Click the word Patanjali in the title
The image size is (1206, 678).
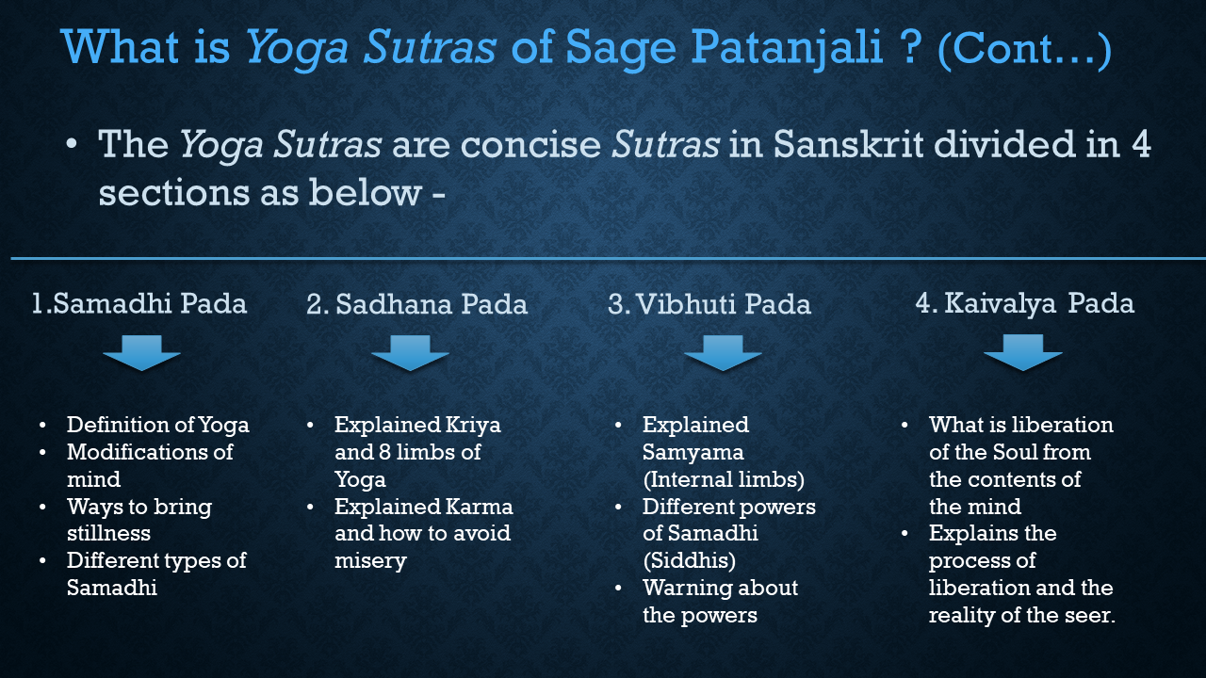tap(787, 48)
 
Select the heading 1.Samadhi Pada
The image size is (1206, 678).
tap(139, 303)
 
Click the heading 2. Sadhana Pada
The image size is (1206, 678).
tap(416, 304)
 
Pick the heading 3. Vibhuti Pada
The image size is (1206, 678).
tap(709, 304)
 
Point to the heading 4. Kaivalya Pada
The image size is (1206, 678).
tap(1025, 303)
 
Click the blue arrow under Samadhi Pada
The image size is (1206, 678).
tap(141, 353)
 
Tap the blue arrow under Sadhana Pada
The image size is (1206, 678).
tap(410, 353)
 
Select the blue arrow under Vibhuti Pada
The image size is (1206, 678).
tap(723, 353)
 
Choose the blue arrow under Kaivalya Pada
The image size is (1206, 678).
tap(1023, 352)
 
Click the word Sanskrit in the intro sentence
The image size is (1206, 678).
tap(849, 144)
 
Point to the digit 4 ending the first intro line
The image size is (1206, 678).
tap(1141, 144)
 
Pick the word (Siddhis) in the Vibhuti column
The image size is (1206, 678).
tap(689, 561)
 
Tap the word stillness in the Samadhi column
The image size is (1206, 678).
tap(108, 534)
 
